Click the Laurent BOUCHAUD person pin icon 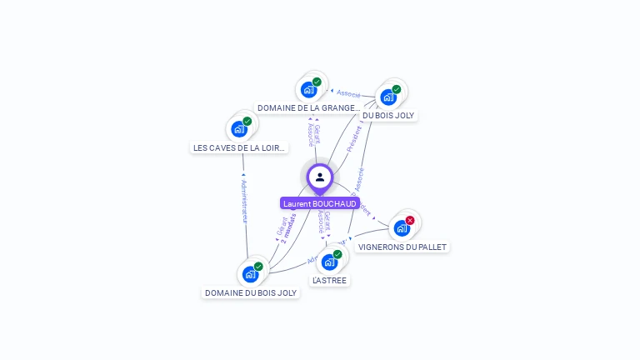(320, 177)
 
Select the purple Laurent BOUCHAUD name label (320, 203)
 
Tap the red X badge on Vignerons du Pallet (410, 220)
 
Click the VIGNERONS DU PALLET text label (402, 247)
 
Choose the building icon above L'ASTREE (329, 262)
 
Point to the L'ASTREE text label (329, 280)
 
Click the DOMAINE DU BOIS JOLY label (251, 292)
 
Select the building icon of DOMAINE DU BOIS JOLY (250, 274)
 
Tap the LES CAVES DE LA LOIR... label (240, 147)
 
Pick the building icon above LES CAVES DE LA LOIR (239, 129)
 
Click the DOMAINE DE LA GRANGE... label (308, 107)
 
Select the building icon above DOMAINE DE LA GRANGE (309, 90)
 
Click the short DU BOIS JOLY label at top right (388, 115)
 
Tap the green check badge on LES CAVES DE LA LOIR (247, 122)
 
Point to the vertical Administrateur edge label (244, 201)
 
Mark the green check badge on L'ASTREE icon (337, 254)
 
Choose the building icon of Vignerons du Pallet (402, 228)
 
